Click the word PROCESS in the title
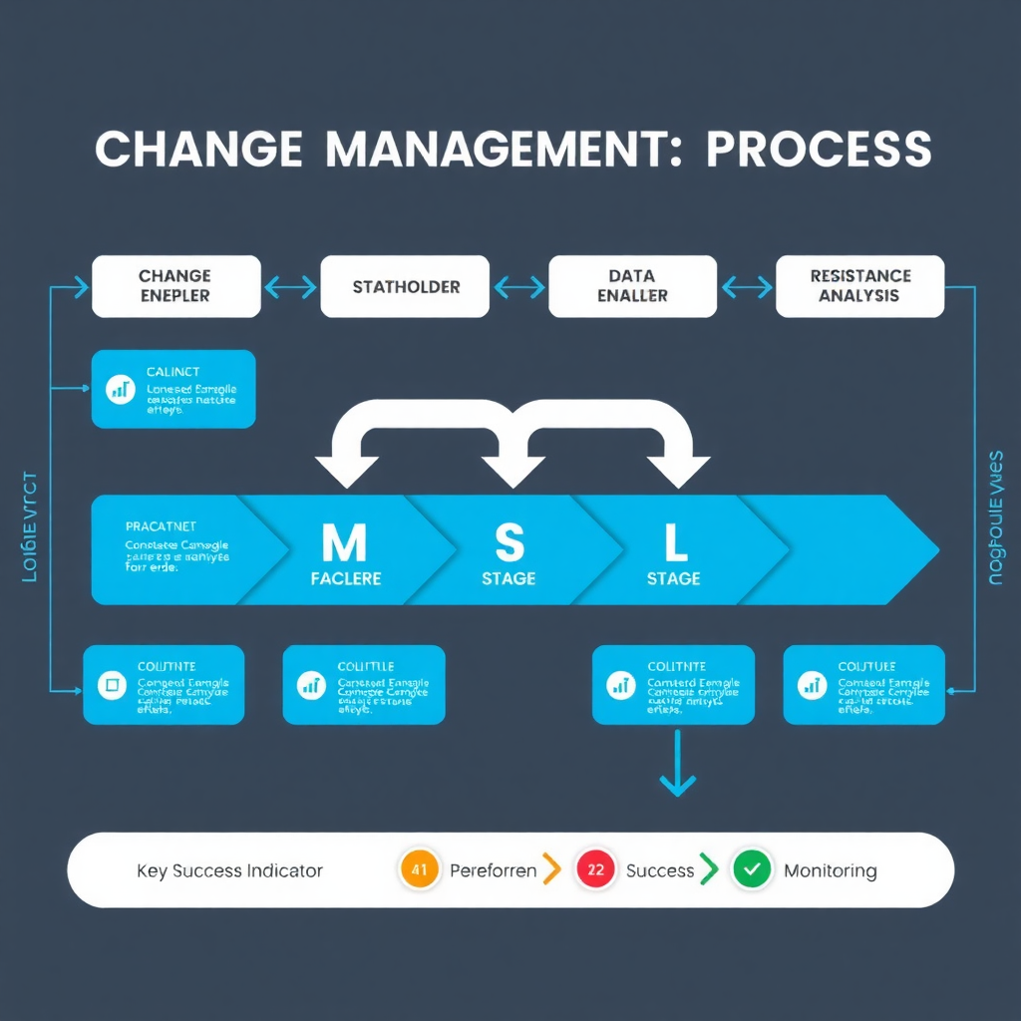pyautogui.click(x=819, y=150)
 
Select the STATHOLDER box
pyautogui.click(x=405, y=287)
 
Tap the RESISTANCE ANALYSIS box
pyautogui.click(x=859, y=286)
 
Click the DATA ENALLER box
pyautogui.click(x=632, y=286)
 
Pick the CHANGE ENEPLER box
pyautogui.click(x=175, y=286)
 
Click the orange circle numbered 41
pyautogui.click(x=419, y=869)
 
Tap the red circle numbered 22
pyautogui.click(x=595, y=869)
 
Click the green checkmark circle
pyautogui.click(x=752, y=869)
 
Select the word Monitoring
pyautogui.click(x=830, y=870)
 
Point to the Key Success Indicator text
pyautogui.click(x=229, y=870)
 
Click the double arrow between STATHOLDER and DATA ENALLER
pyautogui.click(x=519, y=288)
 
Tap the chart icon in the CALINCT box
pyautogui.click(x=121, y=389)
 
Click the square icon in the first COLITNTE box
pyautogui.click(x=110, y=684)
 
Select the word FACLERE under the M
pyautogui.click(x=346, y=578)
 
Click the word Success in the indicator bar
pyautogui.click(x=659, y=870)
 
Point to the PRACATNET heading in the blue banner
pyautogui.click(x=161, y=525)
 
